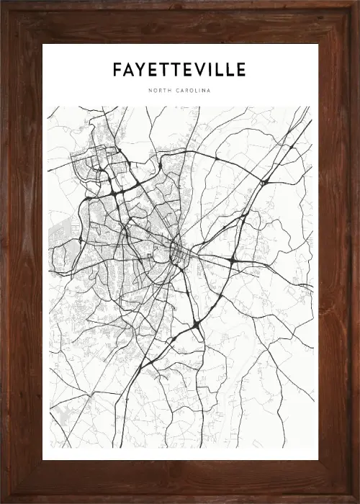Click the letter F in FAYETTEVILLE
[117, 70]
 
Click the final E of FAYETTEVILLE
[240, 70]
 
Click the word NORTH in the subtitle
[159, 91]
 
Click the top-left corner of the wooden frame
[4, 4]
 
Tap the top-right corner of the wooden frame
[356, 4]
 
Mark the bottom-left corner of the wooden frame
[4, 500]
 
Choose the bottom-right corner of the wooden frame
[356, 500]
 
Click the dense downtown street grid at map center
[176, 252]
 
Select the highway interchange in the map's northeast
[264, 182]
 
